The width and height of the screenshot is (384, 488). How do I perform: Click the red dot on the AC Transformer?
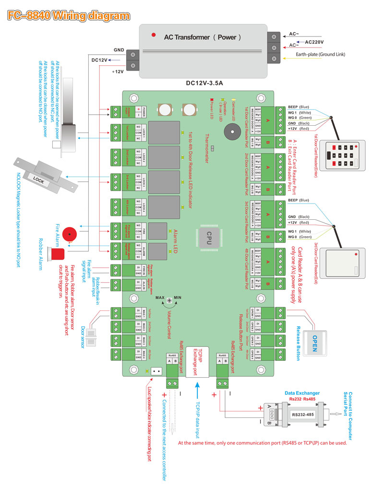(153, 35)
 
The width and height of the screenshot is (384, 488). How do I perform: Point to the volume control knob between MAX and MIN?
(169, 300)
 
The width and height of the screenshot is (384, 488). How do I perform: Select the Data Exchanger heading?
(302, 393)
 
